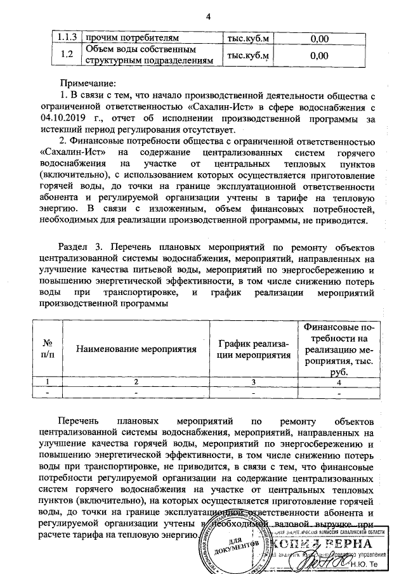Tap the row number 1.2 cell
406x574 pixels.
click(63, 55)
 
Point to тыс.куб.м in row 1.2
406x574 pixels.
click(248, 55)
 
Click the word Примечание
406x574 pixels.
click(88, 84)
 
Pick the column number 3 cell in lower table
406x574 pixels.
click(253, 381)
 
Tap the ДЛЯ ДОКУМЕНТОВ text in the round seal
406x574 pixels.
click(239, 545)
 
